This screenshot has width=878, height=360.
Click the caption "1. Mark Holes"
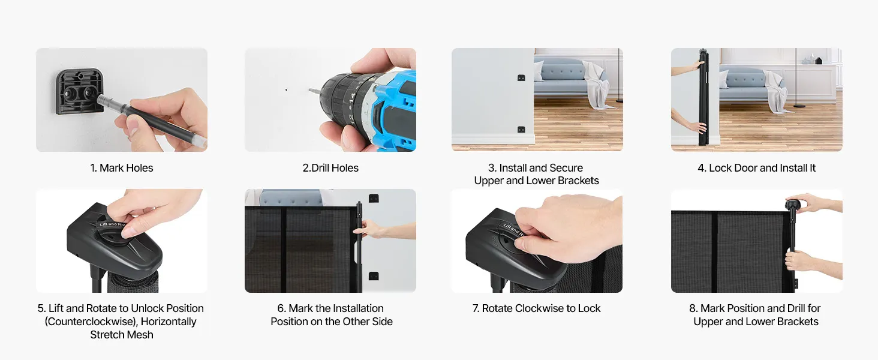pyautogui.click(x=122, y=168)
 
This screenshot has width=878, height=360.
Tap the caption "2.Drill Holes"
pyautogui.click(x=330, y=168)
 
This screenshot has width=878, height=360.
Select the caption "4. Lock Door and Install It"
pyautogui.click(x=756, y=168)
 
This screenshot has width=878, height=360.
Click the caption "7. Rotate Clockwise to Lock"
pyautogui.click(x=536, y=308)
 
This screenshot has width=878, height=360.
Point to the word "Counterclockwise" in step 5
pyautogui.click(x=91, y=322)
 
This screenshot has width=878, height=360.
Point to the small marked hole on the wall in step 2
pyautogui.click(x=286, y=90)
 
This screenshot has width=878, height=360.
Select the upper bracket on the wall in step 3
pyautogui.click(x=521, y=78)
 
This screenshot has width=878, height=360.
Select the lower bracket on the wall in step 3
pyautogui.click(x=521, y=130)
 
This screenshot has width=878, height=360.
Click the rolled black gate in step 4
pyautogui.click(x=703, y=97)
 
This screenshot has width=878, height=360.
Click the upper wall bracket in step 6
pyautogui.click(x=374, y=198)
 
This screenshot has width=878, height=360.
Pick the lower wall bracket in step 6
pyautogui.click(x=374, y=276)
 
